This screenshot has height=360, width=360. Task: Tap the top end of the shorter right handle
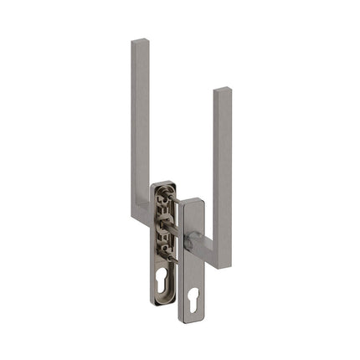pos(222,89)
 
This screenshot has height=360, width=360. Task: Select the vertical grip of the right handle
pos(222,167)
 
